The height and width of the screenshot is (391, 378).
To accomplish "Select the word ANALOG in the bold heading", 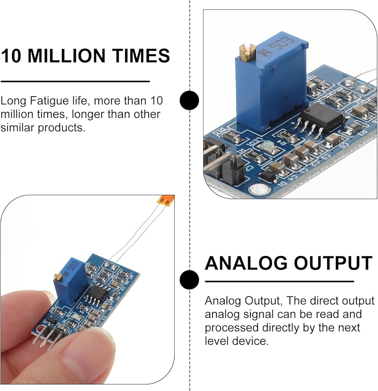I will click(246, 263).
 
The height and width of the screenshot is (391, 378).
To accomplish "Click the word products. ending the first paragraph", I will click(61, 127).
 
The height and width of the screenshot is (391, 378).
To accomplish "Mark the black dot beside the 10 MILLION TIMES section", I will click(189, 100).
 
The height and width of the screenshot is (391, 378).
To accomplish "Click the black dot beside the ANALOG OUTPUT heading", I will click(189, 280).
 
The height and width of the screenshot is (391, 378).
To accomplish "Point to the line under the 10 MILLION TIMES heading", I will click(75, 81).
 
